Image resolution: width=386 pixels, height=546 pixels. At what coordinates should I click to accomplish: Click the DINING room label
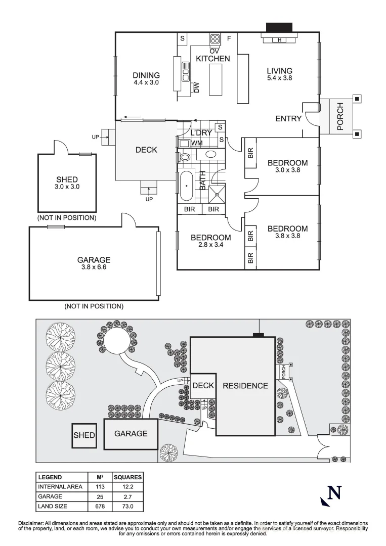click(x=146, y=75)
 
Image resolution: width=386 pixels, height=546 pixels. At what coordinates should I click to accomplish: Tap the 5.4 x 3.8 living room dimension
click(x=279, y=78)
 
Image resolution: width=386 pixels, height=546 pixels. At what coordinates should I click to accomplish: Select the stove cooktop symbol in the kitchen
click(x=215, y=39)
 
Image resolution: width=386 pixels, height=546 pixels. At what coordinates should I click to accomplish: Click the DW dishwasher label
click(x=197, y=87)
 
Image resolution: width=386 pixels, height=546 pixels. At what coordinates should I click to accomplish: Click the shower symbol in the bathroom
click(x=218, y=193)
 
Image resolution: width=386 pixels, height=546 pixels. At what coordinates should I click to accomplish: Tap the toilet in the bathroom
click(x=185, y=157)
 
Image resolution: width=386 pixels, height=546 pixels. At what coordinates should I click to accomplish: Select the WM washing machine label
click(x=197, y=143)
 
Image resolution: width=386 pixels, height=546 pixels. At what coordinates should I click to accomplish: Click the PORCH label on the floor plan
click(x=340, y=116)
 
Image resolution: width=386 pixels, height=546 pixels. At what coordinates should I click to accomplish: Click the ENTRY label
click(x=288, y=119)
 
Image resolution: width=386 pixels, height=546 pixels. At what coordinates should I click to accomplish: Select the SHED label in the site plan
click(x=84, y=435)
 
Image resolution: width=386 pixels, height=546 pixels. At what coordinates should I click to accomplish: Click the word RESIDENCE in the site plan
click(x=245, y=386)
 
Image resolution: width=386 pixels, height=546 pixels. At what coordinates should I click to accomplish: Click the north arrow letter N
click(x=334, y=492)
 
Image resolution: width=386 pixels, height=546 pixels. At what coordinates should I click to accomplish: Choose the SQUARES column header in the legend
click(x=127, y=477)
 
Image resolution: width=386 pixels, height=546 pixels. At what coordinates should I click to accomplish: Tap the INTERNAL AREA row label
click(x=60, y=487)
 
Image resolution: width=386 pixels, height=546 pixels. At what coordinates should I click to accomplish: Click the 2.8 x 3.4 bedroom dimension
click(x=210, y=245)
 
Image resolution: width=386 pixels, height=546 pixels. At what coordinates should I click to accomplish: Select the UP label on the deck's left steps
click(x=95, y=137)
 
